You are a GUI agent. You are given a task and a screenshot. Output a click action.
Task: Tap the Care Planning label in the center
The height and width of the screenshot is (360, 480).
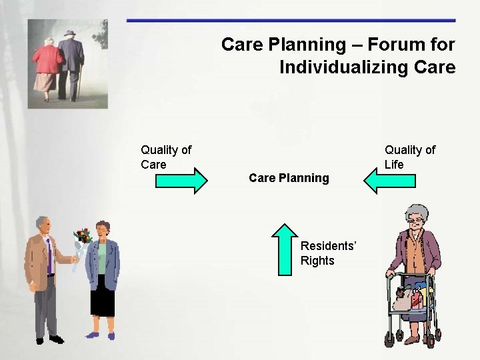(289, 178)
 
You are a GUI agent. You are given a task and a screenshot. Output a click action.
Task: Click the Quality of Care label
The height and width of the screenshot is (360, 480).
(165, 157)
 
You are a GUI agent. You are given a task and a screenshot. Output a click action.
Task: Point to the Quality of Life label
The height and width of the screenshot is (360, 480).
(409, 157)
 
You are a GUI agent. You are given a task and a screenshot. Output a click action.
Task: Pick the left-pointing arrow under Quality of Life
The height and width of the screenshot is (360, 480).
(389, 180)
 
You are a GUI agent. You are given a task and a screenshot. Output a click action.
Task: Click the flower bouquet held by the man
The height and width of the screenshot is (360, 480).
(82, 239)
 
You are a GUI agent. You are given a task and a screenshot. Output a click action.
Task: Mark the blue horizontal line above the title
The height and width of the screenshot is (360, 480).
(291, 21)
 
